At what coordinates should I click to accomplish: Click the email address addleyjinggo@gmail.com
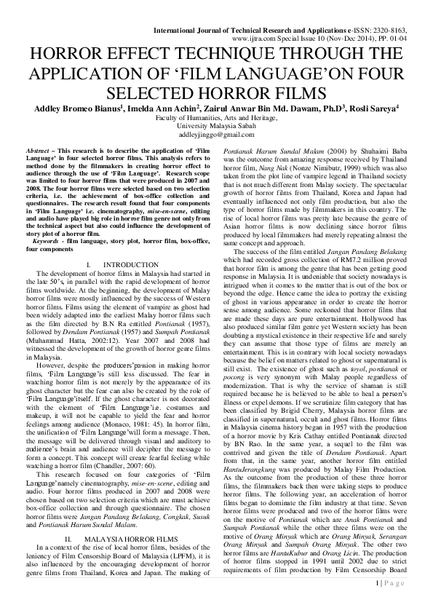point(216,135)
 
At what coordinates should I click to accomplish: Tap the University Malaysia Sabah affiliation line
point(216,126)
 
